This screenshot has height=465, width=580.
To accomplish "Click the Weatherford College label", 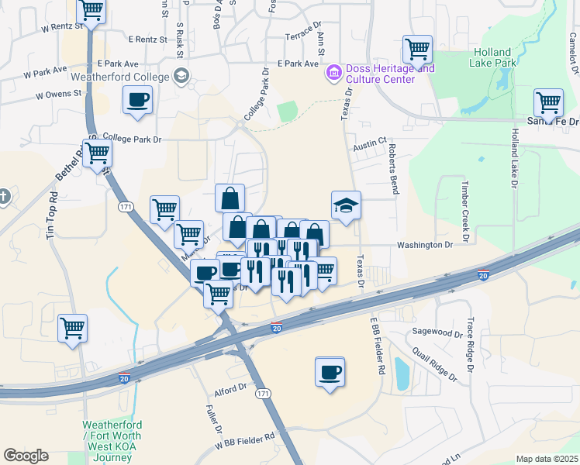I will pos(119,77).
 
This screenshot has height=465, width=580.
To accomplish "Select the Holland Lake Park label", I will pos(494,57).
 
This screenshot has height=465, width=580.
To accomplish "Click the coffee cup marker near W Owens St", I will pos(137,100).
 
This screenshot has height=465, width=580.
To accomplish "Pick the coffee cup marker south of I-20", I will pos(330,372).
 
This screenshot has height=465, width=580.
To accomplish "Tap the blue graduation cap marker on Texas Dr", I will pos(346,205).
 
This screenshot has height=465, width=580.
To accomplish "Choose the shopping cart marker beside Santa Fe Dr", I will pos(548,103).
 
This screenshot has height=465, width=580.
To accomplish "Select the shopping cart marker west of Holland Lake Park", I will pos(417,50).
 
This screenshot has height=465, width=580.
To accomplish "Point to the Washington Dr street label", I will pos(424,245).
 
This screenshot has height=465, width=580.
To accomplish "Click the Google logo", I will pos(26,456).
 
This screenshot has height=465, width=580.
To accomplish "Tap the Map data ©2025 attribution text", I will pos(547,459).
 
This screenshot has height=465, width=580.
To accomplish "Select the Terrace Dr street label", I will pos(302,36).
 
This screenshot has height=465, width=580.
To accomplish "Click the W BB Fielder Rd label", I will pos(246,437).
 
